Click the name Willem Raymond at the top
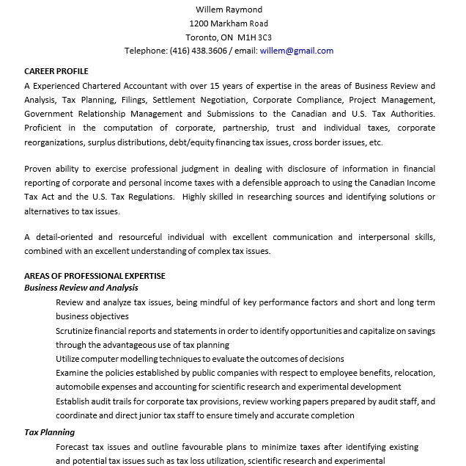tap(229, 10)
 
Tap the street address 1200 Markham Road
tap(229, 23)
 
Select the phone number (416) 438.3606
tap(199, 51)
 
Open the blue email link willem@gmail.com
tap(296, 51)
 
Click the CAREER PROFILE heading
tap(56, 71)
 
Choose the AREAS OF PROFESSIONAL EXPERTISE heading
tap(95, 276)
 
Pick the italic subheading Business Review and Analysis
tap(81, 288)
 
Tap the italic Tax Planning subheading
tap(50, 432)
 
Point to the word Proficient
tap(44, 128)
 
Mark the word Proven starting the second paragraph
tap(38, 168)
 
